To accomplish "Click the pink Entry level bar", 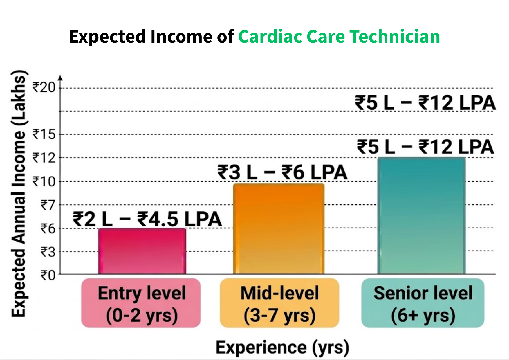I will (142, 251).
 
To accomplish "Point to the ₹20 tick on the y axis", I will (44, 87).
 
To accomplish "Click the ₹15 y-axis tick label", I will (44, 134).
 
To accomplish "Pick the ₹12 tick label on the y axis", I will (44, 158).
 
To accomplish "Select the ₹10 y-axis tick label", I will (44, 182).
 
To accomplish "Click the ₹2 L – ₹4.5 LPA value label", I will (147, 219).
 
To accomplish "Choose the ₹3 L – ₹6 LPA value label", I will (282, 172).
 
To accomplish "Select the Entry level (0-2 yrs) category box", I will (141, 303).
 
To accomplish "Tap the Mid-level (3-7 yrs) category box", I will (279, 303).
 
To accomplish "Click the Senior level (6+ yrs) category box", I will (423, 303).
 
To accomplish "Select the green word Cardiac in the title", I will (270, 37).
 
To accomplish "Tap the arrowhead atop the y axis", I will (60, 78).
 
